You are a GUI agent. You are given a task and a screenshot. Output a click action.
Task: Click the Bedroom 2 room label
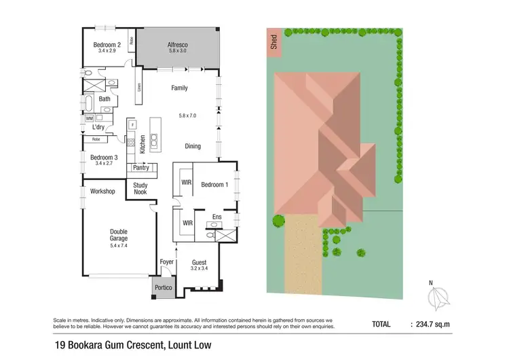pyautogui.click(x=106, y=45)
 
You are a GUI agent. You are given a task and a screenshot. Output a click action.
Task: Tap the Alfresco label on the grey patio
pyautogui.click(x=178, y=45)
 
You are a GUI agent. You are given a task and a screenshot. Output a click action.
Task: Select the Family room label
pyautogui.click(x=179, y=88)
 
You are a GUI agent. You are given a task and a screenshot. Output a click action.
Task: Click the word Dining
pyautogui.click(x=193, y=146)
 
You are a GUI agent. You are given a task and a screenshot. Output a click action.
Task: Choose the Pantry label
pyautogui.click(x=141, y=168)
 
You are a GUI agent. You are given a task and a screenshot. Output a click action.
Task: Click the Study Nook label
pyautogui.click(x=140, y=188)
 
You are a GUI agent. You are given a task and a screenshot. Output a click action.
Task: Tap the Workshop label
pyautogui.click(x=102, y=192)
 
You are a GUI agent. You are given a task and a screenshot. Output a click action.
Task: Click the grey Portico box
pyautogui.click(x=164, y=287)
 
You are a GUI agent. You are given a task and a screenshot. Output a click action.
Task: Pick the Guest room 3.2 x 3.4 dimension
pyautogui.click(x=200, y=269)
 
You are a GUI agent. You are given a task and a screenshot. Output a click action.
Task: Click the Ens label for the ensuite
pyautogui.click(x=216, y=217)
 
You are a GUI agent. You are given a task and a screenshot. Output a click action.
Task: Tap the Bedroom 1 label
pyautogui.click(x=215, y=185)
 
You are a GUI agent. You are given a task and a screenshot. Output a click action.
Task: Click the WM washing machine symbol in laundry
pyautogui.click(x=89, y=119)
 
